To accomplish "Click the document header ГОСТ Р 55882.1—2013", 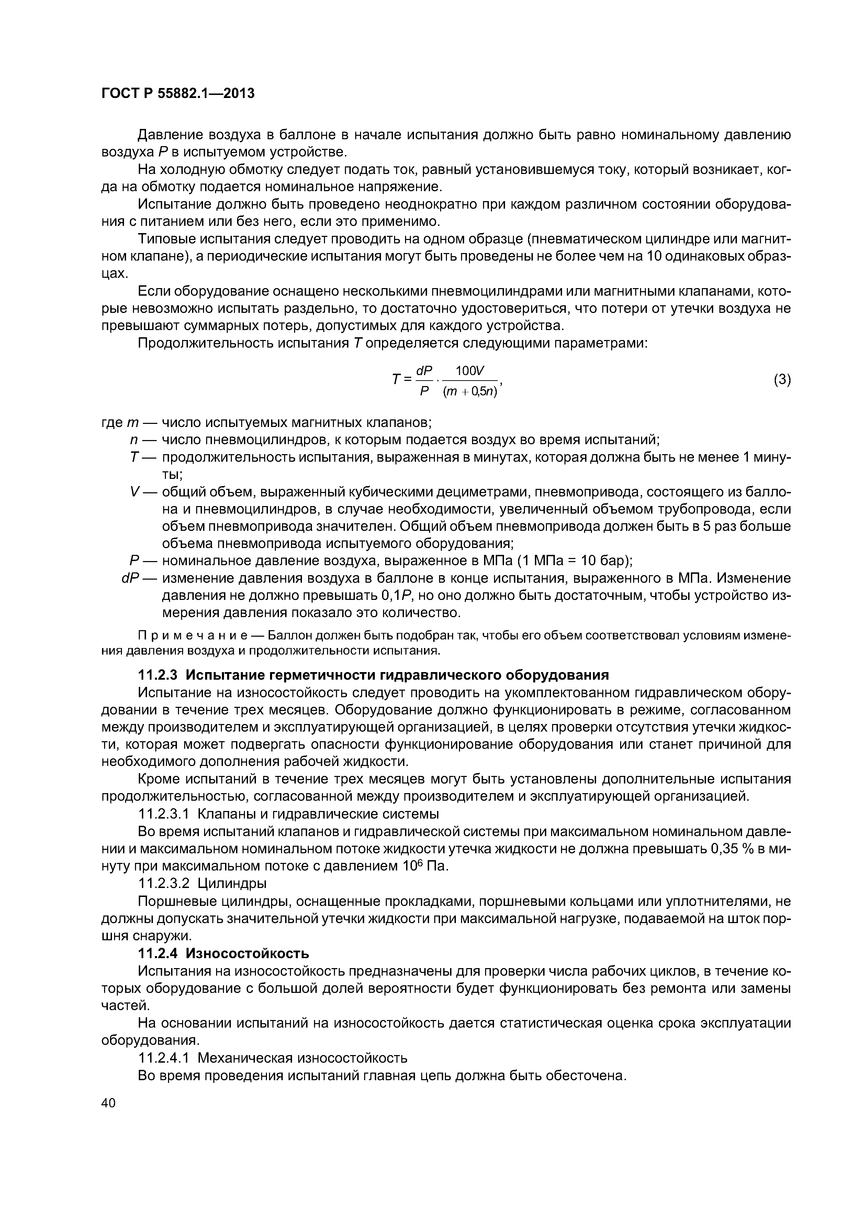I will tap(177, 94).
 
